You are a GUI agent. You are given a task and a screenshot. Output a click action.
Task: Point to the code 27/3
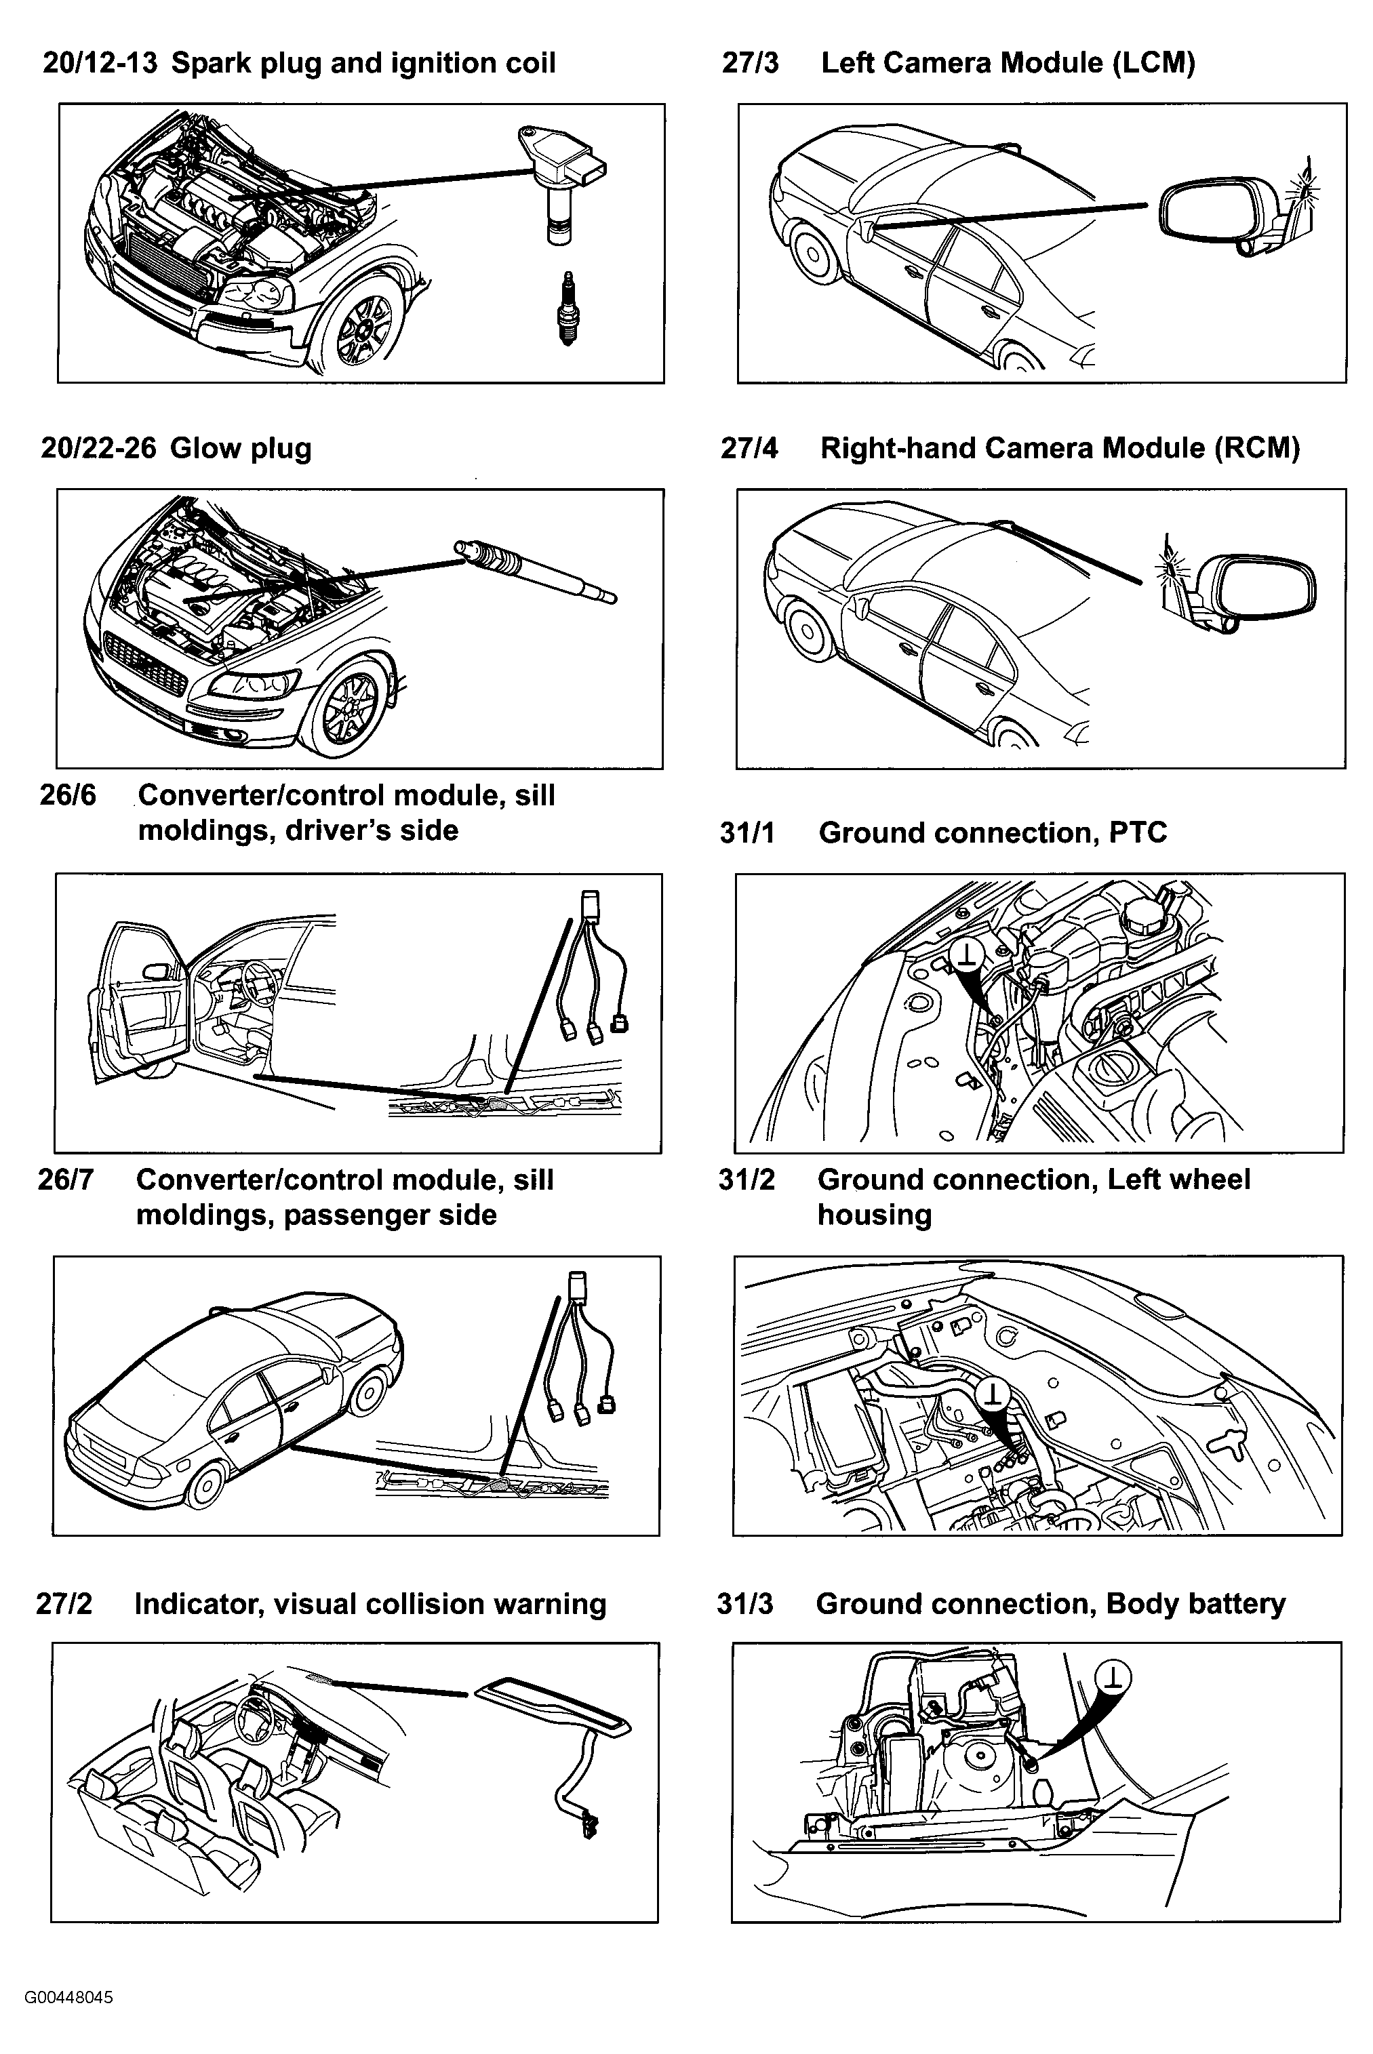[751, 63]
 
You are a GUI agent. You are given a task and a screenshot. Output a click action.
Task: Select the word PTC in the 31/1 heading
[1138, 832]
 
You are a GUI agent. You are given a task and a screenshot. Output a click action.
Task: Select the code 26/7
[65, 1180]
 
